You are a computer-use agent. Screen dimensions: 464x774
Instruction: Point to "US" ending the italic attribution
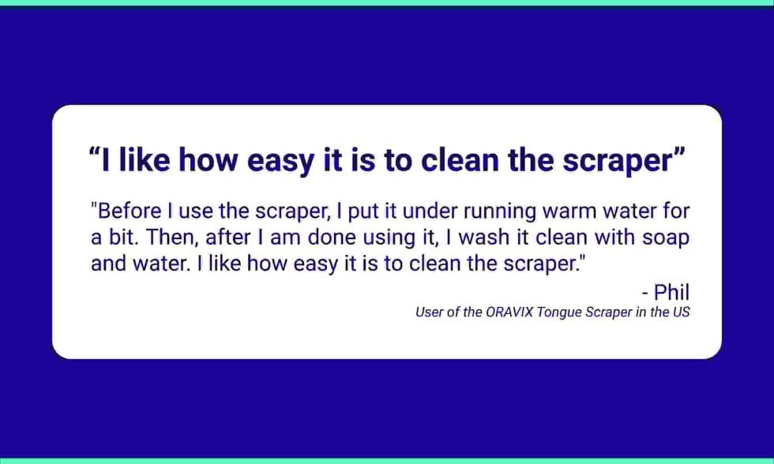681,312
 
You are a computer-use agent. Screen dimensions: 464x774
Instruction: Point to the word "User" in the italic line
430,312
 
